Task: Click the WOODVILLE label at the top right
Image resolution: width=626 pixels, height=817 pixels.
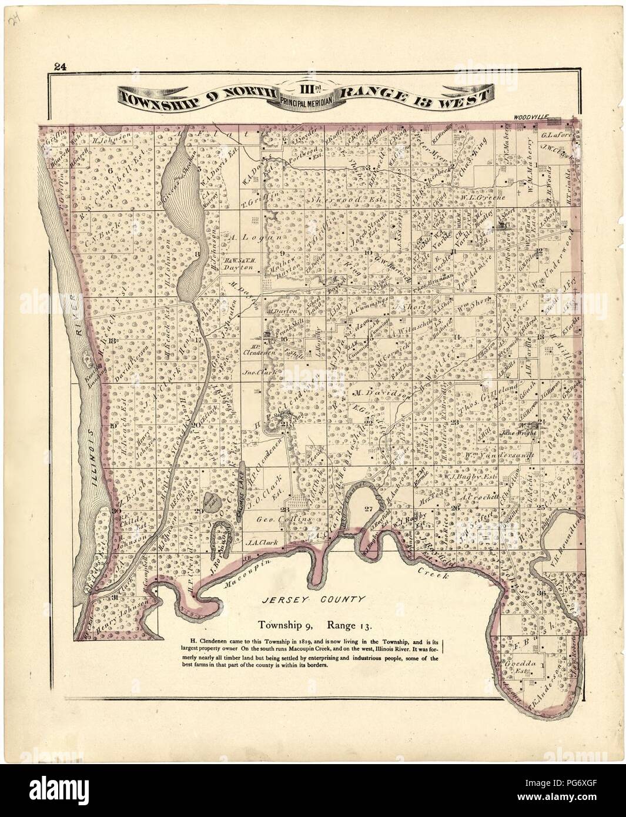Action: (x=530, y=118)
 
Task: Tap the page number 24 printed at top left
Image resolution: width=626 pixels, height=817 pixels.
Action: (x=59, y=66)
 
